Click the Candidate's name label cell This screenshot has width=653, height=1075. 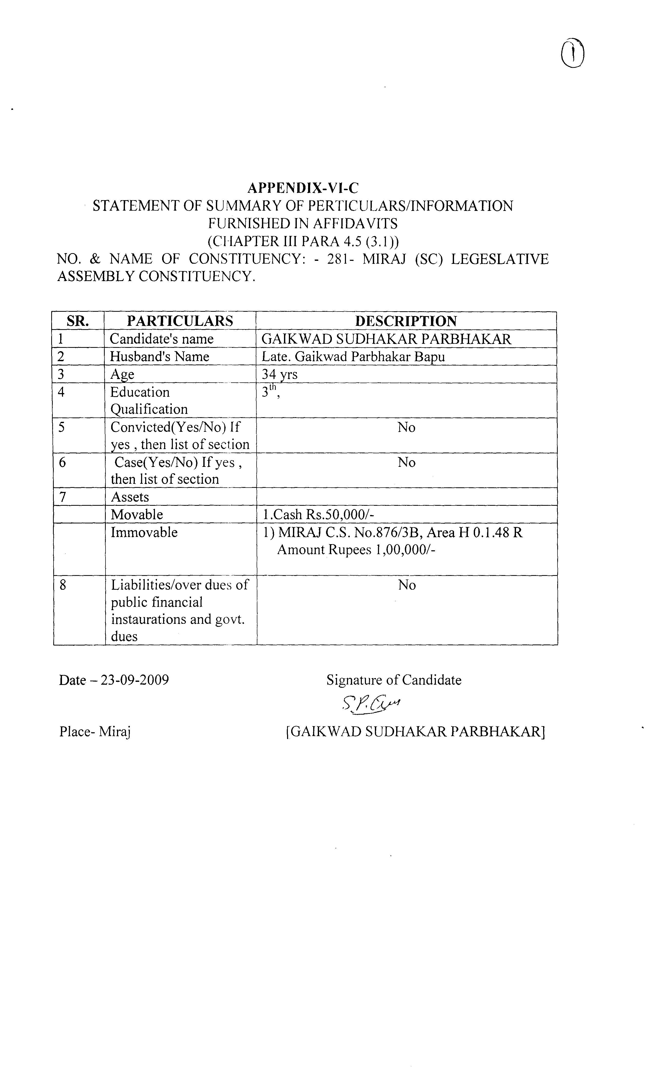(162, 339)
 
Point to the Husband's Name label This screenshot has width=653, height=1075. (159, 357)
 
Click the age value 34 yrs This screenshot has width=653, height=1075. (279, 374)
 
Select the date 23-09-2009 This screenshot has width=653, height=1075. (134, 680)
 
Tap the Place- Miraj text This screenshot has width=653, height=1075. (95, 731)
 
